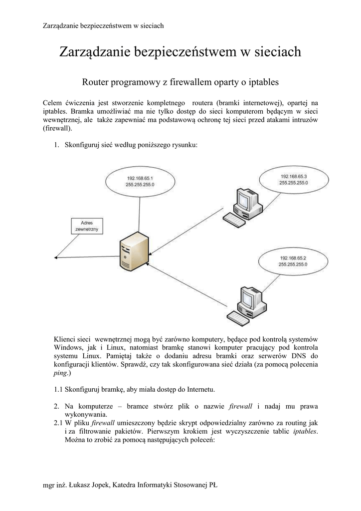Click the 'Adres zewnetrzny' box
coord(87,226)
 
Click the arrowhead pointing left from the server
coord(55,257)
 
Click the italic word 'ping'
coord(60,373)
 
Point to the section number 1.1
coord(58,389)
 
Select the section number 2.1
coord(58,423)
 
